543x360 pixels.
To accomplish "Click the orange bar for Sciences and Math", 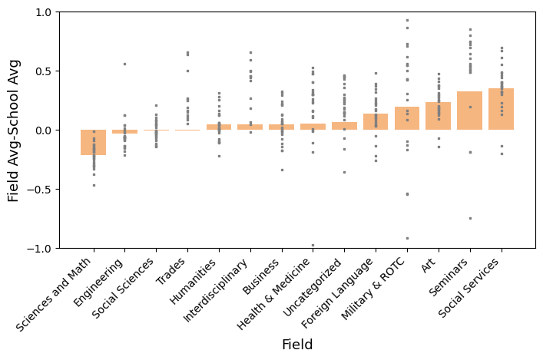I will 94,143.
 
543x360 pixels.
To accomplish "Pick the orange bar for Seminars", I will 469,111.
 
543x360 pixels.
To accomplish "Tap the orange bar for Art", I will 439,116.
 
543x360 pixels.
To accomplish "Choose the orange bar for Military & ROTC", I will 407,118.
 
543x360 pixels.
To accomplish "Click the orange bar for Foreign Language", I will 376,121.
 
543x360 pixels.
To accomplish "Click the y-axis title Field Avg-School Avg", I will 14,130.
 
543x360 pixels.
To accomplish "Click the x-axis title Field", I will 297,345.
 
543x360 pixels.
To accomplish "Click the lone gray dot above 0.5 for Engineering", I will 124,64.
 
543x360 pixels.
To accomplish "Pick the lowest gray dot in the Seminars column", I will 469,218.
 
